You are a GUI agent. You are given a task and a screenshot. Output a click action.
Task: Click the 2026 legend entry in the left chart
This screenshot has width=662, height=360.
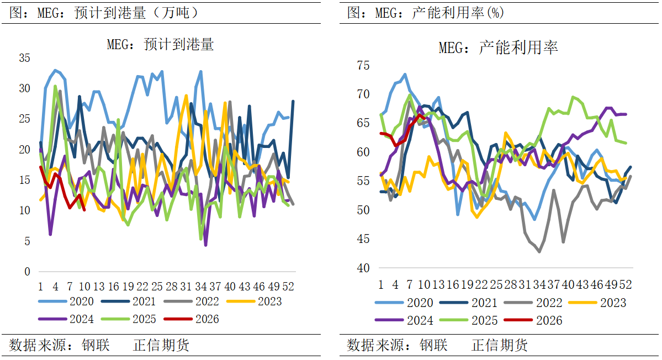point(207,319)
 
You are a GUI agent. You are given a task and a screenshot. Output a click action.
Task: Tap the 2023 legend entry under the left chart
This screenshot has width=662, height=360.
point(269,301)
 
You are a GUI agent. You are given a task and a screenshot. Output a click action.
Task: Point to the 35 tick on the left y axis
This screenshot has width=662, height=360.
point(25,58)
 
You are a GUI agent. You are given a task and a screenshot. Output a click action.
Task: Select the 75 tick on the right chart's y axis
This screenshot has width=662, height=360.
point(363,66)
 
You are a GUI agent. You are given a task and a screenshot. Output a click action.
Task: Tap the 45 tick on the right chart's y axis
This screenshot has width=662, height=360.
point(363,239)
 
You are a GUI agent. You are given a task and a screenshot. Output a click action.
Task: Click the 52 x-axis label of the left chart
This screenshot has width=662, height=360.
point(288,287)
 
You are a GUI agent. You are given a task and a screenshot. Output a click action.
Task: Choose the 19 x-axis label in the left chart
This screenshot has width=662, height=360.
point(128,287)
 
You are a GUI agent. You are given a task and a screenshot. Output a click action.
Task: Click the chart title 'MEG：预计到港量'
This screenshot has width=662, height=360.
point(160,45)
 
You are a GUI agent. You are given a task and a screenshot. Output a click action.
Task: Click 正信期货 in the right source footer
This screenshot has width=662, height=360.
point(500,346)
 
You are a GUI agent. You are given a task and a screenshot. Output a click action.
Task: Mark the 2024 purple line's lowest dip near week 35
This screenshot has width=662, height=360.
point(205,245)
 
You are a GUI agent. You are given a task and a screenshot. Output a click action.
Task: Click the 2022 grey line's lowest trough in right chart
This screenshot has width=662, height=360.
point(539,252)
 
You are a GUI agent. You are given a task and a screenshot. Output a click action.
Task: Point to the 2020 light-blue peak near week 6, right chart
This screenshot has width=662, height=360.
point(405,75)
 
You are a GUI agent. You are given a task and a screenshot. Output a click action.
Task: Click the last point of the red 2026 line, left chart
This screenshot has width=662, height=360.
point(84,210)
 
